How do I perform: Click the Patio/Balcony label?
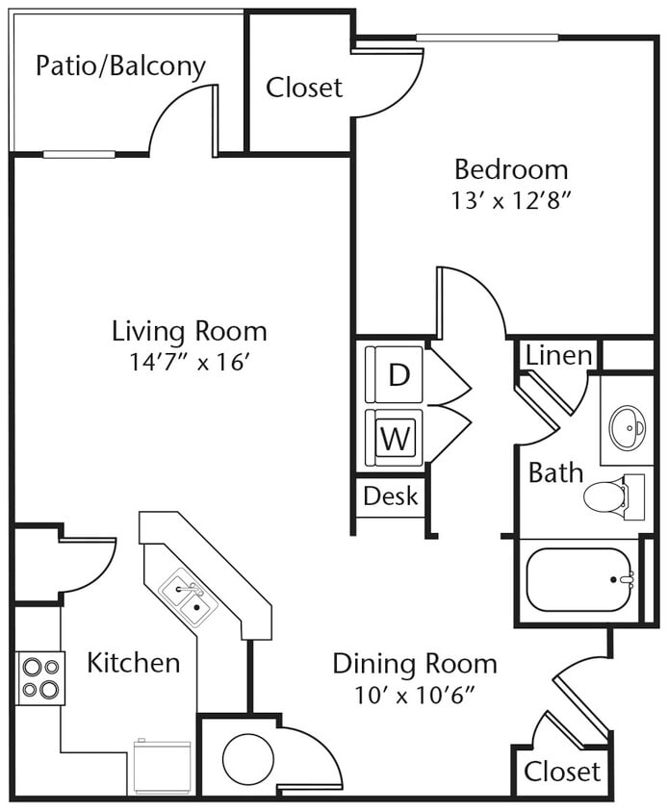click(x=120, y=66)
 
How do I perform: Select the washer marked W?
click(x=395, y=439)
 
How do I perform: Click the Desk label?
click(x=391, y=495)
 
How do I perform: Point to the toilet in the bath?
click(x=606, y=496)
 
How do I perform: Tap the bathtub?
click(x=578, y=579)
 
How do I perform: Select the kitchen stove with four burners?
click(x=40, y=677)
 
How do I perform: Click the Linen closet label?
click(x=558, y=355)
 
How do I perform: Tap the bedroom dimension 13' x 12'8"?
click(x=511, y=199)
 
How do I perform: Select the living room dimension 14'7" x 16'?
click(x=190, y=362)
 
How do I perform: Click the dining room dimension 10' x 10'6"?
click(x=415, y=693)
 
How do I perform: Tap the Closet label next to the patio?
click(x=304, y=88)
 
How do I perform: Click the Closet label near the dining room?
click(x=562, y=771)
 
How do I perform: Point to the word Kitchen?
click(x=133, y=663)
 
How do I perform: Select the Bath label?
click(x=555, y=472)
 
